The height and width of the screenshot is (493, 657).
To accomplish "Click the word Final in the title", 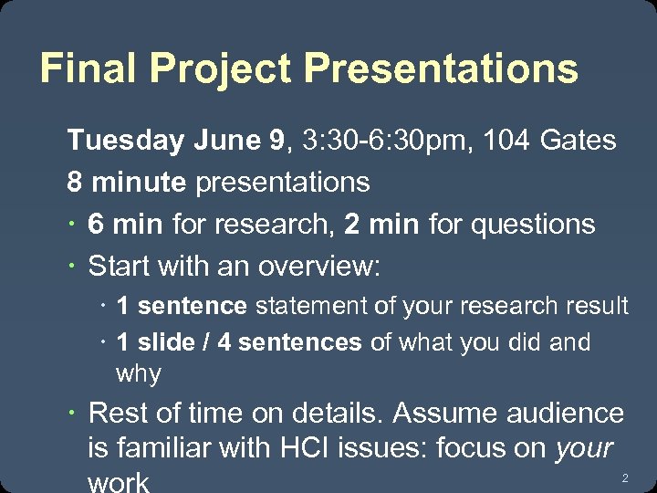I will pos(89,68).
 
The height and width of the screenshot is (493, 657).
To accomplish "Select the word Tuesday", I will pos(125,141).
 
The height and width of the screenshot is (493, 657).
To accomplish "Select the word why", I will pos(139,374).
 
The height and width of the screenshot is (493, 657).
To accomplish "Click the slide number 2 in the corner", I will pos(625,478).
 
